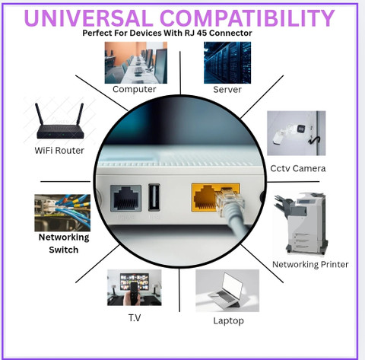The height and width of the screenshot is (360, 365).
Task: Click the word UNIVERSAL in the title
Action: [88, 18]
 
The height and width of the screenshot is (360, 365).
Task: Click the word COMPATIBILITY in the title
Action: [247, 18]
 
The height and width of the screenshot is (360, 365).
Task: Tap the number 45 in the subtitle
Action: [202, 33]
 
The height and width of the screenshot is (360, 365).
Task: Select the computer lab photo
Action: [136, 62]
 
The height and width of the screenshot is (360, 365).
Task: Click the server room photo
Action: [227, 62]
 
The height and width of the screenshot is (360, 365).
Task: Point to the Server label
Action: [227, 90]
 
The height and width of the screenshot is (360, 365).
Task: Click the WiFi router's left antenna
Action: [40, 113]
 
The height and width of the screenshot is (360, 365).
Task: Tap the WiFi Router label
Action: [59, 151]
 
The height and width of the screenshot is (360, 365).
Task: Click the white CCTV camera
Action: [289, 133]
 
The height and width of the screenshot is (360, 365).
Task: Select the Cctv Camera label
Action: [298, 168]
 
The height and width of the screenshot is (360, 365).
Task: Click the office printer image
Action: [300, 224]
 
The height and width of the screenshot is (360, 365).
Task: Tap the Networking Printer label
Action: [310, 265]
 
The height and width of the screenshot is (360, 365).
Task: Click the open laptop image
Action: [227, 291]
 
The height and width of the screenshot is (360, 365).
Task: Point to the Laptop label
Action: [228, 321]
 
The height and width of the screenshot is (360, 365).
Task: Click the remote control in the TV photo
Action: [134, 292]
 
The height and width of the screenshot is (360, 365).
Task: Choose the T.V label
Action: [135, 317]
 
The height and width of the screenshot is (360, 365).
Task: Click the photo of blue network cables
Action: [62, 213]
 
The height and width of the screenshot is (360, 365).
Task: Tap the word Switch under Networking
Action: [64, 250]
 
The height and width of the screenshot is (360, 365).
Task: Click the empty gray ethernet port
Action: [126, 199]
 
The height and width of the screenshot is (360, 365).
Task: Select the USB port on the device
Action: [154, 198]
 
